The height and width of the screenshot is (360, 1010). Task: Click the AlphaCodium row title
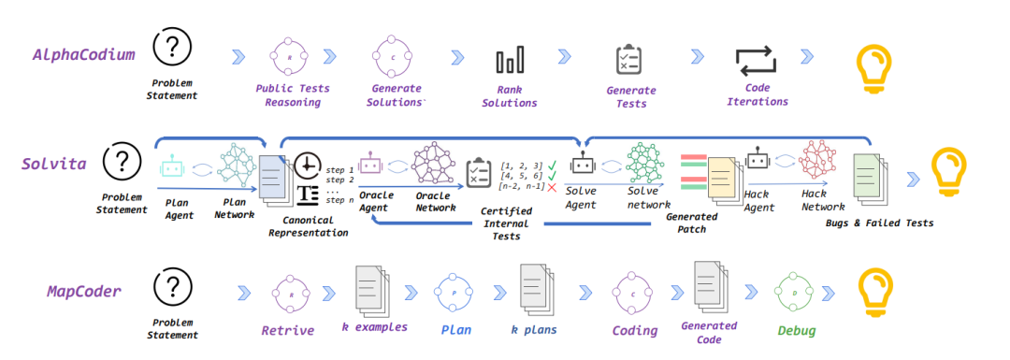point(84,55)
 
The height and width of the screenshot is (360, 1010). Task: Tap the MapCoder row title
point(84,291)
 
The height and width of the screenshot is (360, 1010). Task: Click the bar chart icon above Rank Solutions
point(510,59)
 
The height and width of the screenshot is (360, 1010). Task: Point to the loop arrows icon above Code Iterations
point(757,61)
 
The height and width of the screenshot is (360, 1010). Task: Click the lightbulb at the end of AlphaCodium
point(873,63)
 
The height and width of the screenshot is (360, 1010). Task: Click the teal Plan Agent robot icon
point(171,166)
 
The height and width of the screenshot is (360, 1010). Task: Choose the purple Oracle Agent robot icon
point(370,165)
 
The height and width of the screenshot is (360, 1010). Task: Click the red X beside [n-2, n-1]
point(552,187)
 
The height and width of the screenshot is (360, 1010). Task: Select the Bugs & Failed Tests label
point(879,223)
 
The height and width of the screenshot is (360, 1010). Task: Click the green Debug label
point(796,331)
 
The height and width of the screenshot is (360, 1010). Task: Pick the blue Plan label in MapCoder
point(456,330)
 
